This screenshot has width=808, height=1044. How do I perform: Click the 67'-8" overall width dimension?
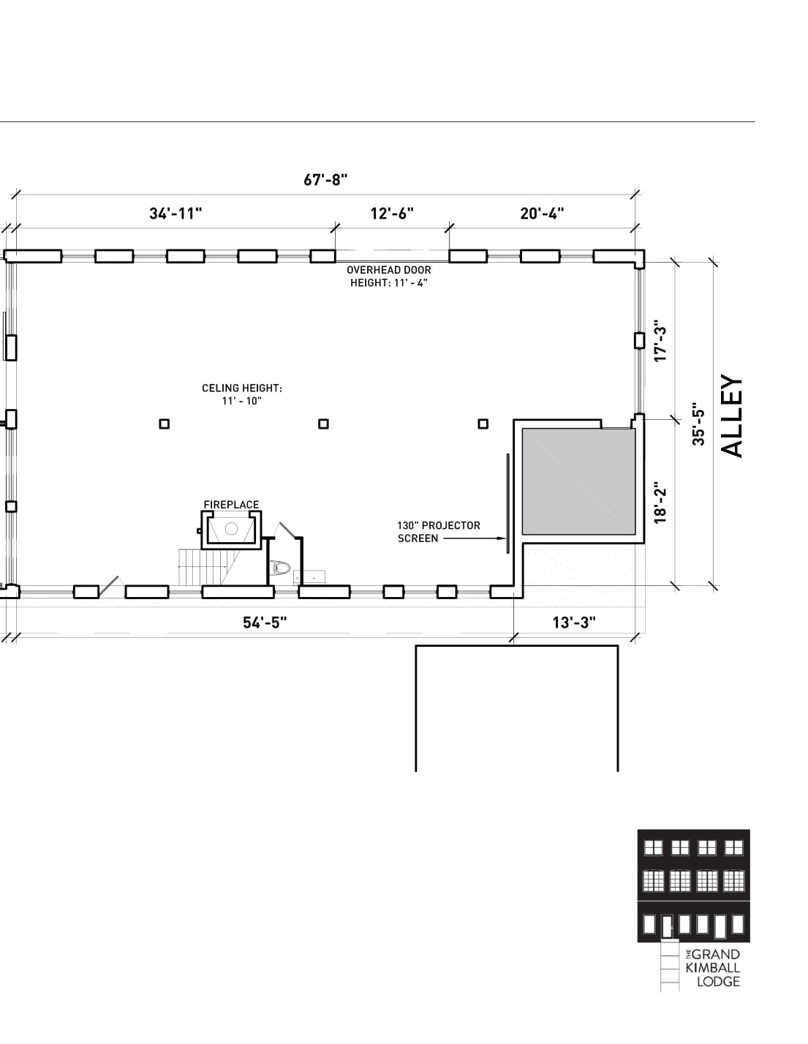[325, 180]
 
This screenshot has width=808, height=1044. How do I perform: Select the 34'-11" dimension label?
[175, 214]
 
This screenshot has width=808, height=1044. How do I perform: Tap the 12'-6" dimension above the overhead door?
[392, 214]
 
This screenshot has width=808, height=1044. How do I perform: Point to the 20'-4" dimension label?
[542, 214]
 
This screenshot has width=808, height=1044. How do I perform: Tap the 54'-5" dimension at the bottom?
[265, 623]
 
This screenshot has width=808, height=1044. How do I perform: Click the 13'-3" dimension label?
[574, 623]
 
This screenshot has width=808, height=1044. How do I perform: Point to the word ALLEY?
[732, 416]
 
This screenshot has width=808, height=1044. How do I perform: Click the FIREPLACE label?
[231, 505]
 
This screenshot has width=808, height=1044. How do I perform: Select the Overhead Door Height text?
[389, 277]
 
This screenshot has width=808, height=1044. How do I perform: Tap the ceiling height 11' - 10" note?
[242, 394]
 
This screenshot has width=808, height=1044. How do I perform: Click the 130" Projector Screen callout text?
[438, 532]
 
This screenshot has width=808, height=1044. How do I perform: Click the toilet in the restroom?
[281, 568]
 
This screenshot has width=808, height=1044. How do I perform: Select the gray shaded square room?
[578, 481]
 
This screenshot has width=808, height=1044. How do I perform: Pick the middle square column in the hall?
[324, 424]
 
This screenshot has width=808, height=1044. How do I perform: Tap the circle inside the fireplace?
[231, 529]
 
